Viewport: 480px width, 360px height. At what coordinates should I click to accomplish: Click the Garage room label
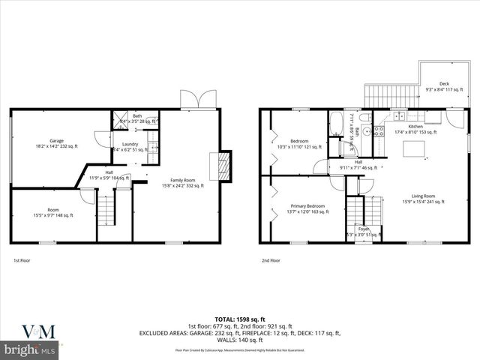56,139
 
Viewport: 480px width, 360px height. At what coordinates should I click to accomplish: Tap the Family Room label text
183,180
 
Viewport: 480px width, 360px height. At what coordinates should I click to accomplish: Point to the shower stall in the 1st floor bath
119,118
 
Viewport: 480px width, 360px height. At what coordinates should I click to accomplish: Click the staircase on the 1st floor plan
107,208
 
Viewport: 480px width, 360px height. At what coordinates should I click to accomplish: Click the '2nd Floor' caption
271,260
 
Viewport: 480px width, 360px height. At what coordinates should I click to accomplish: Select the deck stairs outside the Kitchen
383,95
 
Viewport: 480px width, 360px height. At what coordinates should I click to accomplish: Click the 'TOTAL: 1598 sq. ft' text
239,319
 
